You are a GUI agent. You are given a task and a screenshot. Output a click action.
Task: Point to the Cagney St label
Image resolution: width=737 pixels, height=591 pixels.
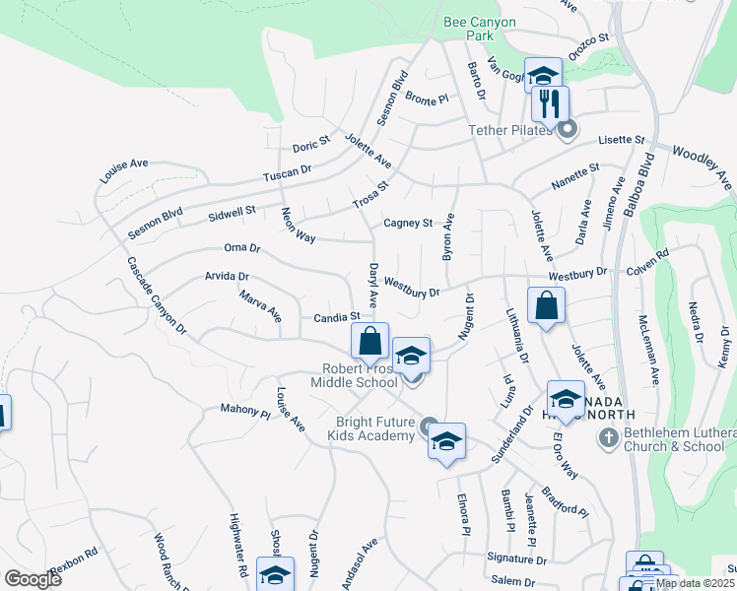pyautogui.click(x=408, y=224)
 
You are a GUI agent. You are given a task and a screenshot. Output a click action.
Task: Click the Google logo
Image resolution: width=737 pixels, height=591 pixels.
pyautogui.click(x=33, y=579)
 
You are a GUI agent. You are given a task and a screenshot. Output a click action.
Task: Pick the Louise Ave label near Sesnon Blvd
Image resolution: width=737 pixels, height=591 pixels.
pyautogui.click(x=124, y=171)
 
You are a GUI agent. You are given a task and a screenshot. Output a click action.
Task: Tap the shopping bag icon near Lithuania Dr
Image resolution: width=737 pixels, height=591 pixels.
pyautogui.click(x=545, y=305)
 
